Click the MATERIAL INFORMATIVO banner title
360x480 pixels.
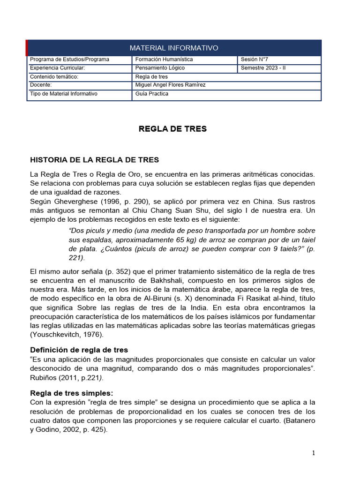173,48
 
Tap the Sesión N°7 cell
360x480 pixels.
254,60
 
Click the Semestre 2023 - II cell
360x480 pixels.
262,68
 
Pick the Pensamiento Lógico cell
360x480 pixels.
160,68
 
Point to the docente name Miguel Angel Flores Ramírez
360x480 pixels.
170,85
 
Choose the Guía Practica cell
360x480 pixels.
151,93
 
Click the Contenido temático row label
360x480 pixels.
53,76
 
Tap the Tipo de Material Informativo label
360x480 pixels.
63,93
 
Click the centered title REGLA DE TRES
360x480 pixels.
172,129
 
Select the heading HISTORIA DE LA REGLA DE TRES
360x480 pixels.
94,160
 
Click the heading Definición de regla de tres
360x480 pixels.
79,350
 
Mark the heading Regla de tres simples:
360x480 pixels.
71,393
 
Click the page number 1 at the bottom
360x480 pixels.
314,453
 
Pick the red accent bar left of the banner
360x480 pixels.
27,48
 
